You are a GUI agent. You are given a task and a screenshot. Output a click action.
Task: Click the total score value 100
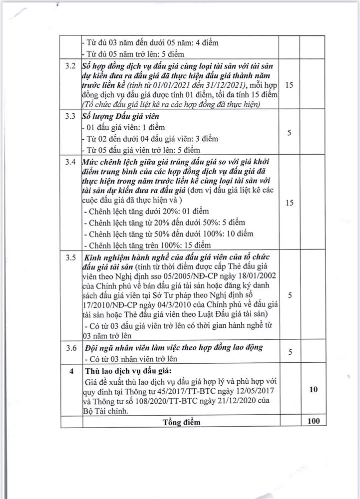pos(314,422)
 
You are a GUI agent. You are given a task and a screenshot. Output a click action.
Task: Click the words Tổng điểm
pos(181,422)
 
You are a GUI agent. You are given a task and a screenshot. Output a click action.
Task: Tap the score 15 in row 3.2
pos(289,85)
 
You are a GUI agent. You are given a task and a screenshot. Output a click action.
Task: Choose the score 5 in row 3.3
pos(289,133)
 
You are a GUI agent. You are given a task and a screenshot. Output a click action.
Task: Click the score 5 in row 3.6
pos(289,353)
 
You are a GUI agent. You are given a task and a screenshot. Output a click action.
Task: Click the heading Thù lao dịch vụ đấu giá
pos(128,371)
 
